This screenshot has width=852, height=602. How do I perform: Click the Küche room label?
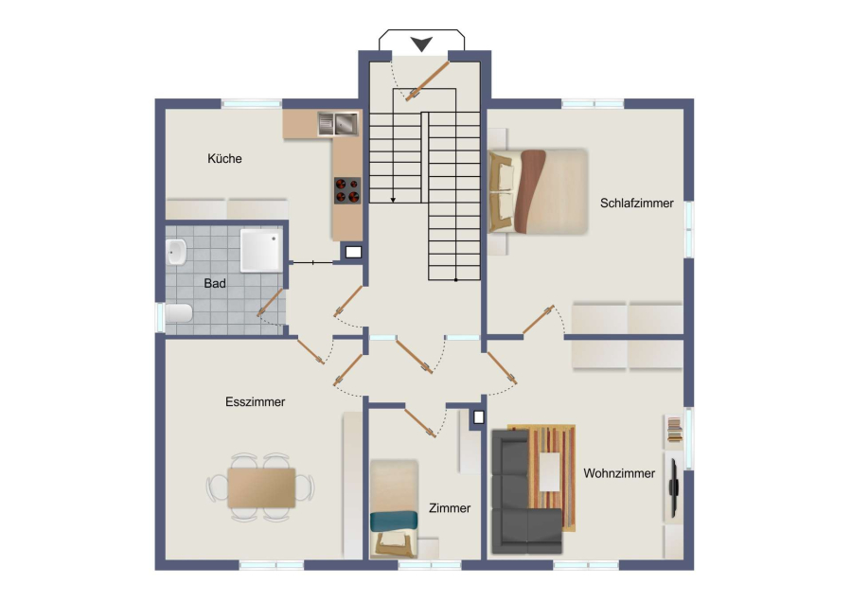[224, 159]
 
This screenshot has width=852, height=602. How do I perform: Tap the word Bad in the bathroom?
[215, 283]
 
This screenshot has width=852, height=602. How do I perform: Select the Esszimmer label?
[255, 402]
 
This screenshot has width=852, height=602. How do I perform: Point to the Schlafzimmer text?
[637, 204]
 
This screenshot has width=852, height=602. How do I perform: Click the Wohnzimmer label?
[619, 473]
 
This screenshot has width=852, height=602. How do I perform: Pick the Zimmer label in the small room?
[450, 508]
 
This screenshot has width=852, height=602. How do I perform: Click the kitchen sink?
[338, 123]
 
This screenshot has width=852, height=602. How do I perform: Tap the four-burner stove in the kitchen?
[347, 190]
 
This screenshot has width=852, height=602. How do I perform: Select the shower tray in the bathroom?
[261, 250]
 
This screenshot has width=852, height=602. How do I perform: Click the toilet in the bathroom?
[178, 313]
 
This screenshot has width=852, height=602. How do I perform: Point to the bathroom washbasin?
[176, 252]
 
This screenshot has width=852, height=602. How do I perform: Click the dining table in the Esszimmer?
[261, 487]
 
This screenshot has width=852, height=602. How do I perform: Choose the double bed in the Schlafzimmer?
[538, 191]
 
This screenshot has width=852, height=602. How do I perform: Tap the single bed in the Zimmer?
[394, 509]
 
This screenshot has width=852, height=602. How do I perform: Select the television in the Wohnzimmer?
[673, 487]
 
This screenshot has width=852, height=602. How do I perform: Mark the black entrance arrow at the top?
[421, 44]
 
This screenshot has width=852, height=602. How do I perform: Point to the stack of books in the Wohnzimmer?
[674, 430]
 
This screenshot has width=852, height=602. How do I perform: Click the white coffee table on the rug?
[549, 471]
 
